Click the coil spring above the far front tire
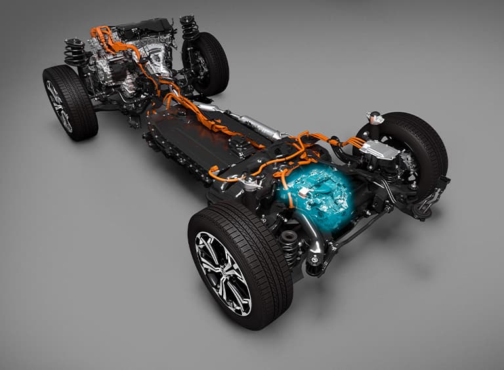click(x=190, y=28)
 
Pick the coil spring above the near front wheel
click(x=73, y=52)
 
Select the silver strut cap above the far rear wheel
click(x=375, y=117)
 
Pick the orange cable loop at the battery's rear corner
click(x=217, y=175)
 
